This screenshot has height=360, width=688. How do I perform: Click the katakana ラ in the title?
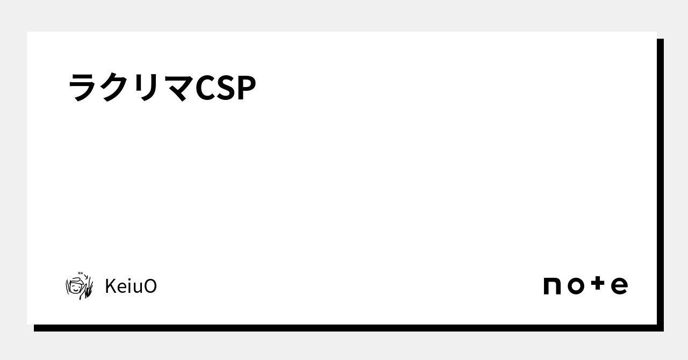click(83, 87)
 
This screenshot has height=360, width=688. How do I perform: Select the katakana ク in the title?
click(114, 87)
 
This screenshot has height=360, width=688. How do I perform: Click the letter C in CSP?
click(205, 88)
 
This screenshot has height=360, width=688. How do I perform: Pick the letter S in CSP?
click(226, 88)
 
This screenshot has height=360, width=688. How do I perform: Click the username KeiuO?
click(131, 286)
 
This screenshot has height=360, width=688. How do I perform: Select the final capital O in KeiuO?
click(151, 286)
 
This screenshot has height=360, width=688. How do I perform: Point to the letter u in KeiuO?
click(138, 288)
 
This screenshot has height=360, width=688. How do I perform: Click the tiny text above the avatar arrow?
click(81, 273)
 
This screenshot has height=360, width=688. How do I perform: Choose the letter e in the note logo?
click(619, 286)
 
